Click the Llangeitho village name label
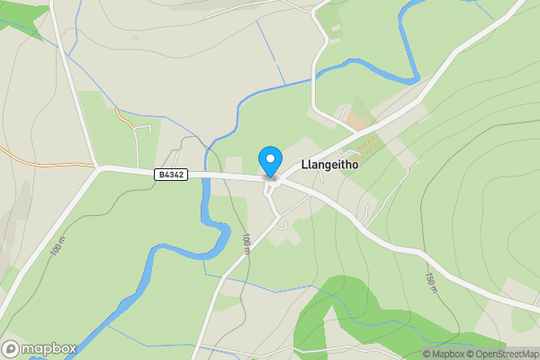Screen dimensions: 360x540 334,166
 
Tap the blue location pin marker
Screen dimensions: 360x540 269,160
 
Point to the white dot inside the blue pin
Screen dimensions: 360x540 269,157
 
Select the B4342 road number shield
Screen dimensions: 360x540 170,175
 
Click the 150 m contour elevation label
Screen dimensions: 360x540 430,282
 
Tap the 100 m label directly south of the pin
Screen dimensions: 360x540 245,243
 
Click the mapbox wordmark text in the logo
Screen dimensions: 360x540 49,348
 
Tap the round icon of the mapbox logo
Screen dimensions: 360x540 11,348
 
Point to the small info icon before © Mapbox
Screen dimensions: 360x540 427,354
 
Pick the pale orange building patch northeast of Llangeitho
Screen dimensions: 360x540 357,120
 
